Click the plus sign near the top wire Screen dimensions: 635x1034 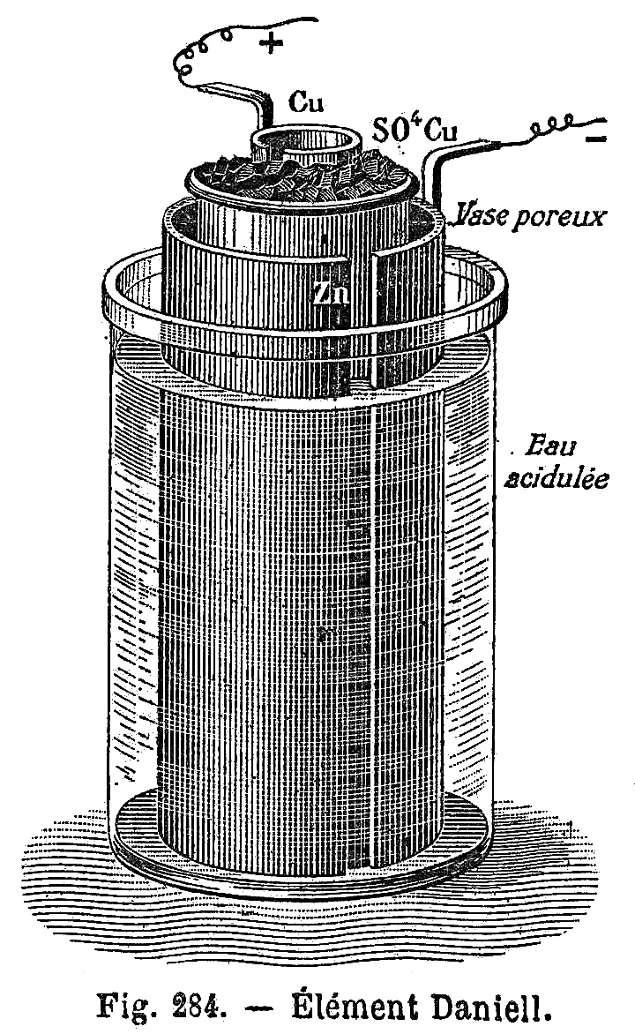(271, 43)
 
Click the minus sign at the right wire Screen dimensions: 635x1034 (596, 139)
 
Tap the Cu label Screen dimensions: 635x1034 (307, 103)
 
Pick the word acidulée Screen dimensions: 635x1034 (556, 478)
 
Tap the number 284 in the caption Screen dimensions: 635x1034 (198, 1007)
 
